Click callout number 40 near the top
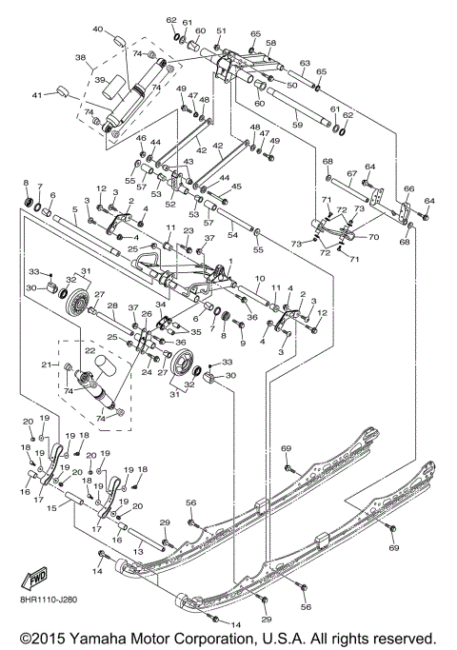click(x=97, y=30)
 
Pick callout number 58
click(x=270, y=43)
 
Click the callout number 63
click(x=306, y=64)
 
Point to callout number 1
click(x=228, y=262)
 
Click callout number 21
click(x=45, y=364)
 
